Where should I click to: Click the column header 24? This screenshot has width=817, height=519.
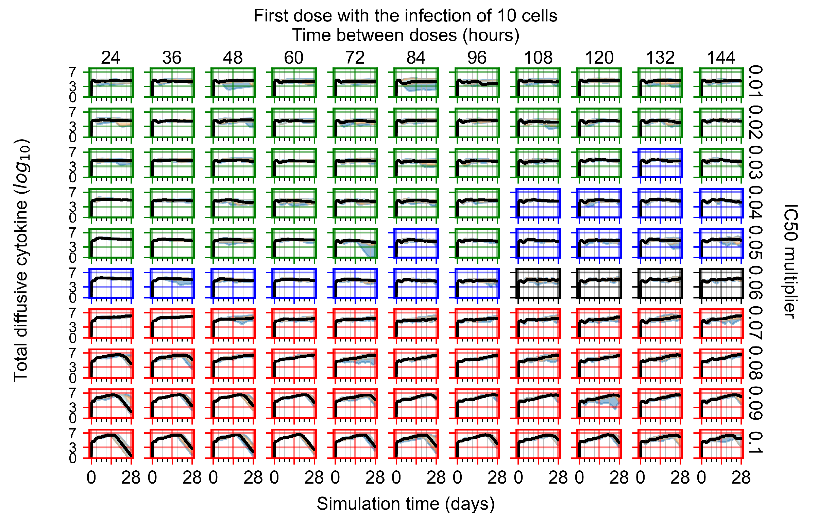[x=110, y=58]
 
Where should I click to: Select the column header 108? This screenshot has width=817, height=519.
[x=538, y=58]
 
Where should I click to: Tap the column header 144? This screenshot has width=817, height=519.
[x=721, y=58]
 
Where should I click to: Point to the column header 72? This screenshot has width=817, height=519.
[x=355, y=58]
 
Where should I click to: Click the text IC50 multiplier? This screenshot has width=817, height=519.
[x=790, y=261]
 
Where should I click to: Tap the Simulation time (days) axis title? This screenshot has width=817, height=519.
[x=406, y=503]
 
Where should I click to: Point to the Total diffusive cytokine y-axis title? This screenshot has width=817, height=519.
[x=21, y=260]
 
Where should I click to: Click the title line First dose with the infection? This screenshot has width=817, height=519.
[x=405, y=16]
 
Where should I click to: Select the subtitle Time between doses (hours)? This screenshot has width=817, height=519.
[x=406, y=35]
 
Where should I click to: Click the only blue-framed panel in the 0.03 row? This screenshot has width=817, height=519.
[x=660, y=163]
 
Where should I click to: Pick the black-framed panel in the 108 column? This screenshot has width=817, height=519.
[x=538, y=283]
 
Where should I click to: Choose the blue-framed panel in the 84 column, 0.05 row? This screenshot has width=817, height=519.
[x=416, y=243]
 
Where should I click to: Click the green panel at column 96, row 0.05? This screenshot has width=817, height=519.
[x=477, y=243]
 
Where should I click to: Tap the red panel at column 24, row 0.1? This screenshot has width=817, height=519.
[x=111, y=444]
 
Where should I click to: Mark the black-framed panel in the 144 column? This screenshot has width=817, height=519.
[x=721, y=283]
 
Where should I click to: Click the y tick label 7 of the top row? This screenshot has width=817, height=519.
[x=73, y=72]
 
